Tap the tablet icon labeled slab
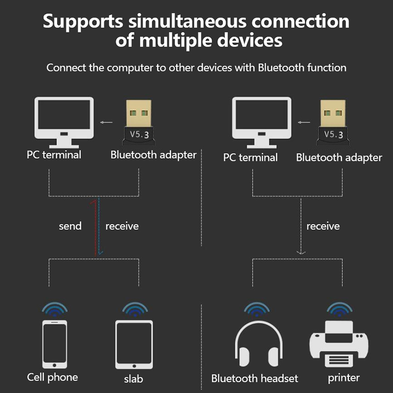point(134,344)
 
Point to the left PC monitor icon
point(64,121)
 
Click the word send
point(70,226)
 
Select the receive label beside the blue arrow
point(122,226)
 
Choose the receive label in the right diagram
point(323,226)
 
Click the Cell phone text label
point(53,377)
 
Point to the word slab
point(134,379)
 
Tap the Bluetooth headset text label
point(254,378)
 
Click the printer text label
point(344,378)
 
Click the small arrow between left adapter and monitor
point(105,123)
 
